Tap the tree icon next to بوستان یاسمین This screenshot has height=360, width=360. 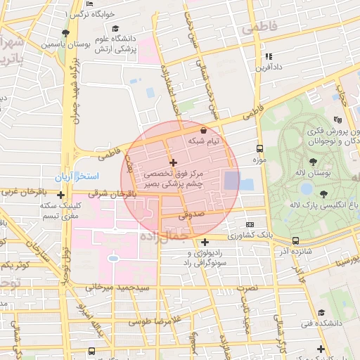(x=65, y=33)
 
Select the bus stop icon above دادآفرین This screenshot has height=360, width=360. (x=267, y=56)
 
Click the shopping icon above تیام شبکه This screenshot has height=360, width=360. (x=203, y=131)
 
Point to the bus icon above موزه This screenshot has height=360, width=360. (x=259, y=149)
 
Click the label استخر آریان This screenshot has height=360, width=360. (x=77, y=174)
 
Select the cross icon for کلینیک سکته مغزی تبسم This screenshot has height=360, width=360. (x=60, y=195)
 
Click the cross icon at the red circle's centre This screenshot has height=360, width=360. (x=174, y=162)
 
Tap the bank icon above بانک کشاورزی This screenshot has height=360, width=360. (x=250, y=224)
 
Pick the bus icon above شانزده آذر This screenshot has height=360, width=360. (x=295, y=240)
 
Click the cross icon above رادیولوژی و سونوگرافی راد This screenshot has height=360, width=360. (x=204, y=243)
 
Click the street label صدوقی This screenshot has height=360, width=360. (x=195, y=218)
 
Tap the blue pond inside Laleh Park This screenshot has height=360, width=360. (x=306, y=188)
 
